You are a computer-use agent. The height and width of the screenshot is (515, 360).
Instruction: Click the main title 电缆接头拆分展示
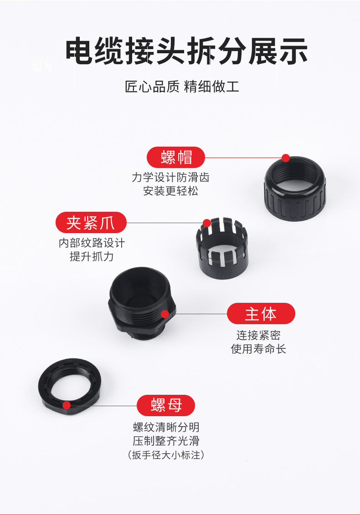click(186, 52)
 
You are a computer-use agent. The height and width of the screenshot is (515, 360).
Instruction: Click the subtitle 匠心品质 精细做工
click(182, 86)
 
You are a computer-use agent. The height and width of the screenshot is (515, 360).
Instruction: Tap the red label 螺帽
click(176, 157)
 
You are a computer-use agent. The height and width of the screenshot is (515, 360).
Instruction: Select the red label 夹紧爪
click(91, 223)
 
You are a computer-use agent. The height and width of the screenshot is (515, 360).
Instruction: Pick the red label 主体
click(261, 314)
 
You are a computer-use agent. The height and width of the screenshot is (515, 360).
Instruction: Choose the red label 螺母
click(166, 405)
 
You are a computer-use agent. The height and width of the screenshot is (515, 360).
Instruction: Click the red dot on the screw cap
click(286, 158)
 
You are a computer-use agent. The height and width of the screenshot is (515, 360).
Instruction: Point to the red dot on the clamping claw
click(207, 223)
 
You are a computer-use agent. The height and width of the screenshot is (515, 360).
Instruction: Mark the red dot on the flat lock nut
click(67, 405)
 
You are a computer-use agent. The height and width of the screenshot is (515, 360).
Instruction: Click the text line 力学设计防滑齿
click(170, 177)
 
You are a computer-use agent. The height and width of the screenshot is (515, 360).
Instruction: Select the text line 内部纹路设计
click(92, 243)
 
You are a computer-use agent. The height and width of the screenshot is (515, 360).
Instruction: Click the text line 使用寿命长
click(258, 349)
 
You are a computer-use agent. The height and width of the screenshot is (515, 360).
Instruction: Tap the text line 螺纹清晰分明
click(166, 427)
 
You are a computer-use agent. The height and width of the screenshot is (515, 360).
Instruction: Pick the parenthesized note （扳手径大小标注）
click(166, 454)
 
